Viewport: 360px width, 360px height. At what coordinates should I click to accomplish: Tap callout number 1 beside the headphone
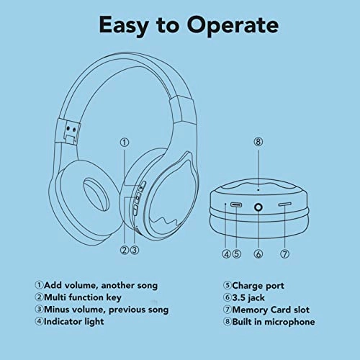click(125, 143)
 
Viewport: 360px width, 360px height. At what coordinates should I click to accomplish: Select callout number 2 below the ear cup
click(124, 251)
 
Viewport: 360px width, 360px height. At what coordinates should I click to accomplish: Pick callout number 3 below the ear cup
click(134, 251)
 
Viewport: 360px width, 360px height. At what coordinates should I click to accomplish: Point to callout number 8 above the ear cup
click(258, 142)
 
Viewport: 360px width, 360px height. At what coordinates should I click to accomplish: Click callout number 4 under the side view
click(226, 253)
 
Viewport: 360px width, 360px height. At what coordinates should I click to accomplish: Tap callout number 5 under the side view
click(236, 253)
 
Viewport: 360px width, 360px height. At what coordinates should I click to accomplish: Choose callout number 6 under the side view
click(258, 253)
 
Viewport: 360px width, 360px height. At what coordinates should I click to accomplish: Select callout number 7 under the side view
click(285, 253)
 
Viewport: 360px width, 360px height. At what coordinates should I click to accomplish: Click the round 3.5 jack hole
click(258, 207)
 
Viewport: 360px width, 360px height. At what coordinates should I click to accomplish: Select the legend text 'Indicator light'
click(73, 321)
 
